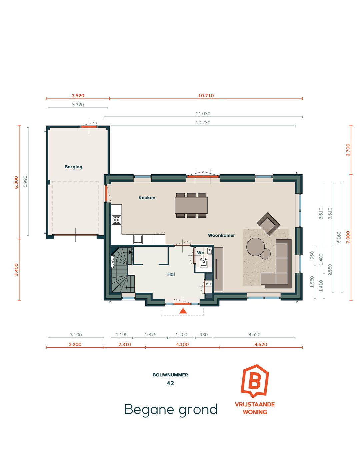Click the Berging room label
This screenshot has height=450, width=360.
coord(73,167)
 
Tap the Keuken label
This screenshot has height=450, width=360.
coord(147,198)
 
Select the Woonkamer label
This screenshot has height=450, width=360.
coord(222,235)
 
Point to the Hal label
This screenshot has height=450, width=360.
coord(171,274)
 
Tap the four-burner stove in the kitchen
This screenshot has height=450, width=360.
coord(116,220)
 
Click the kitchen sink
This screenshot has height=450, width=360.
coord(138,239)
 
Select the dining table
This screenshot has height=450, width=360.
coord(191,205)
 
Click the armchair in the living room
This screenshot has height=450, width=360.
coord(268,224)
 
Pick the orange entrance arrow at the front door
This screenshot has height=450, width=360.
coord(183,311)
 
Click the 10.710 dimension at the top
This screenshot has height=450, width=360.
coord(206,96)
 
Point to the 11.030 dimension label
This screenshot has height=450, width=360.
coord(203,114)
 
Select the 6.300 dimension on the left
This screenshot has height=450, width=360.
coord(16,182)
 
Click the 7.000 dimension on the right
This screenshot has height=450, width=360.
coord(348,237)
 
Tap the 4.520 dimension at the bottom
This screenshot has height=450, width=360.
coord(254,335)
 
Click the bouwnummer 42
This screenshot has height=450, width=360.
coord(170,383)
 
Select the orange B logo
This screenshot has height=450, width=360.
coord(255,381)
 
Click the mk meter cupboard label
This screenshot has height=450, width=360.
coord(209,284)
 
